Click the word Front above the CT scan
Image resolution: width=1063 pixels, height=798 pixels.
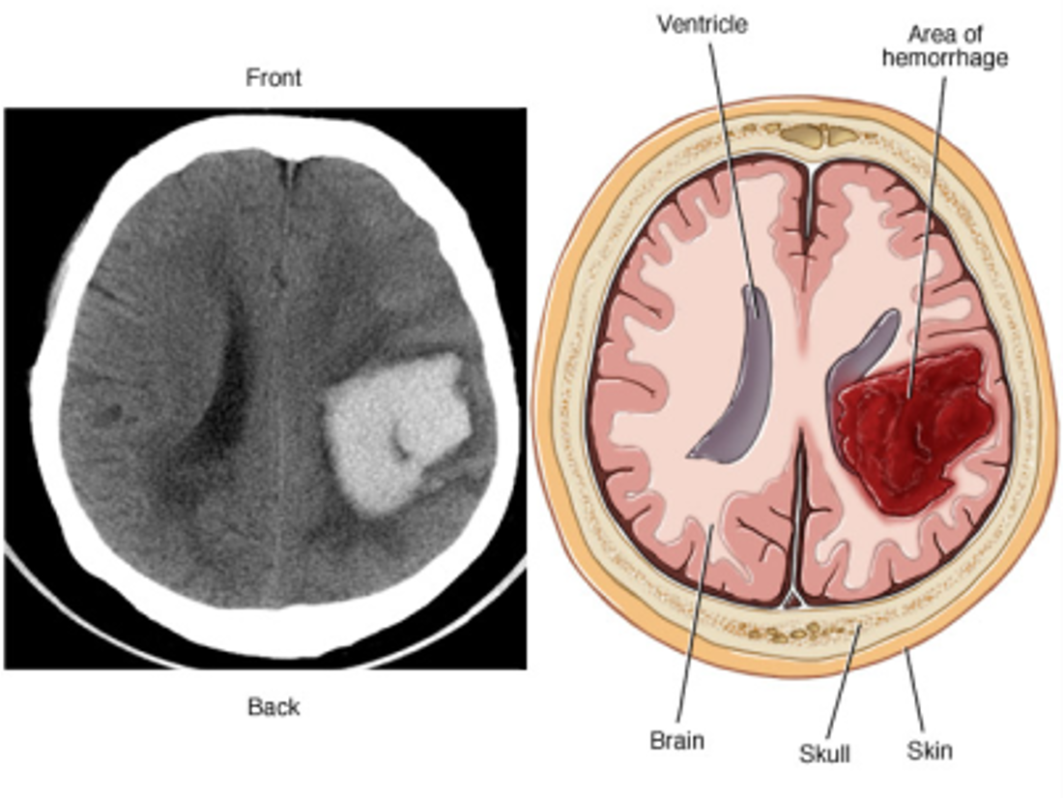(x=273, y=77)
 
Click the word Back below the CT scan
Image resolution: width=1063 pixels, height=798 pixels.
(x=273, y=707)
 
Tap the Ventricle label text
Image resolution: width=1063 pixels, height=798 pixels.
(x=703, y=24)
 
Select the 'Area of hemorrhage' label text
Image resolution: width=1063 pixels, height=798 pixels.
(x=944, y=46)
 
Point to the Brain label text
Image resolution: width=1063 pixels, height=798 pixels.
(x=676, y=742)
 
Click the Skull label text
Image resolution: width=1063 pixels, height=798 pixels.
(x=824, y=753)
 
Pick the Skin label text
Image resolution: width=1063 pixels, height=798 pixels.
(x=930, y=750)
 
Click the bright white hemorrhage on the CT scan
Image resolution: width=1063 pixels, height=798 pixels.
(x=387, y=426)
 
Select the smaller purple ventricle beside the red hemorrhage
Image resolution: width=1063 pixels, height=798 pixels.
(x=860, y=348)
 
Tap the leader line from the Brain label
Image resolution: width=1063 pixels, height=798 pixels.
(x=696, y=629)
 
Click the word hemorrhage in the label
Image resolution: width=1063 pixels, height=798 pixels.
(x=944, y=58)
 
